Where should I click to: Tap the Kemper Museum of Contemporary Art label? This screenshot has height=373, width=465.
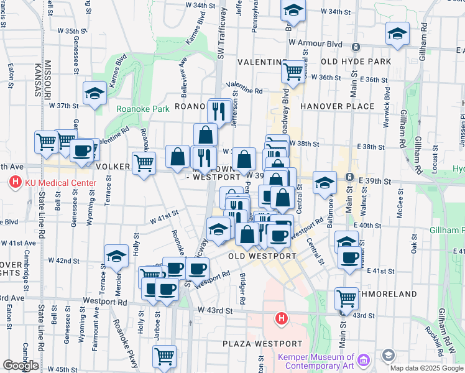pyautogui.click(x=316, y=362)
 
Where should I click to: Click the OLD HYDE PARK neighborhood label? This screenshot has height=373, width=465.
pyautogui.click(x=356, y=62)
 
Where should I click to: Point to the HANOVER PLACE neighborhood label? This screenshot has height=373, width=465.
pyautogui.click(x=338, y=106)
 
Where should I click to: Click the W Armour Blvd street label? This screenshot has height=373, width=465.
pyautogui.click(x=316, y=43)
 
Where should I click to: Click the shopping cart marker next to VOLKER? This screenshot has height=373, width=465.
pyautogui.click(x=144, y=163)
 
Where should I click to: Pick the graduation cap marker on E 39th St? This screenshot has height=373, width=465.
pyautogui.click(x=324, y=183)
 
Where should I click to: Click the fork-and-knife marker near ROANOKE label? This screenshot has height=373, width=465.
pyautogui.click(x=219, y=111)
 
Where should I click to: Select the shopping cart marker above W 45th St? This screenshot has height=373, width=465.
pyautogui.click(x=165, y=356)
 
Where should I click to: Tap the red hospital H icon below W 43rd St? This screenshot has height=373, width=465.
pyautogui.click(x=282, y=320)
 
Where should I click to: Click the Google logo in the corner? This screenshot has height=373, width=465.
pyautogui.click(x=20, y=366)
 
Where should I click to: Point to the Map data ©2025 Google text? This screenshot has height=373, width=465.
pyautogui.click(x=427, y=368)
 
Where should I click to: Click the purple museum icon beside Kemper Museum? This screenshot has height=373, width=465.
pyautogui.click(x=363, y=359)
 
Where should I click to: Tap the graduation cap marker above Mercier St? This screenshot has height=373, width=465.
pyautogui.click(x=116, y=256)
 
